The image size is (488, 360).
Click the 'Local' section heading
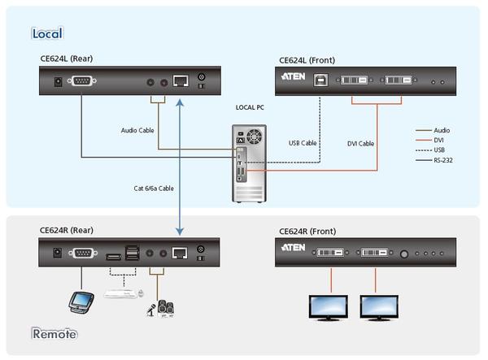pyautogui.click(x=46, y=33)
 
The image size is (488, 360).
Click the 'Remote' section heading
pyautogui.click(x=54, y=333)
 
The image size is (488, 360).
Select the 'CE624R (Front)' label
pyautogui.click(x=307, y=230)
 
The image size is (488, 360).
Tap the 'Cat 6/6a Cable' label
pyautogui.click(x=154, y=188)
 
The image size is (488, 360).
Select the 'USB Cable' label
pyautogui.click(x=303, y=144)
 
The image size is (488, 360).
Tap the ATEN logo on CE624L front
pyautogui.click(x=293, y=79)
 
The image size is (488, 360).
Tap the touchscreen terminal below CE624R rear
pyautogui.click(x=80, y=301)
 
